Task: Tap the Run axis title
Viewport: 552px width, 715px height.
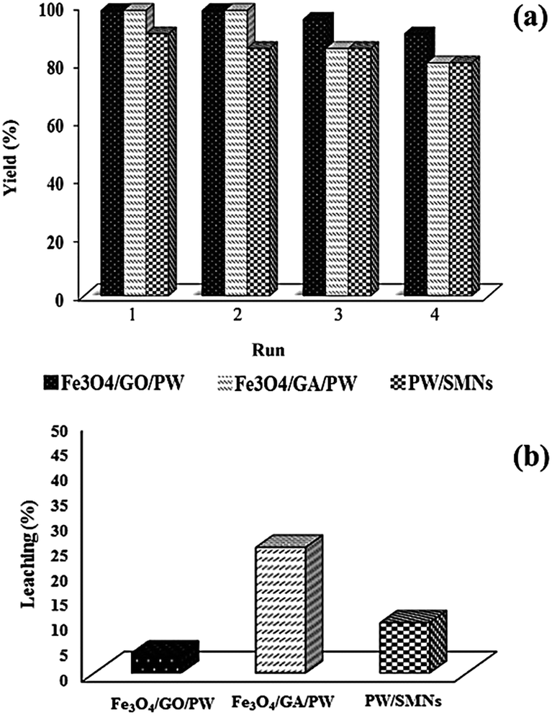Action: pos(271,351)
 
